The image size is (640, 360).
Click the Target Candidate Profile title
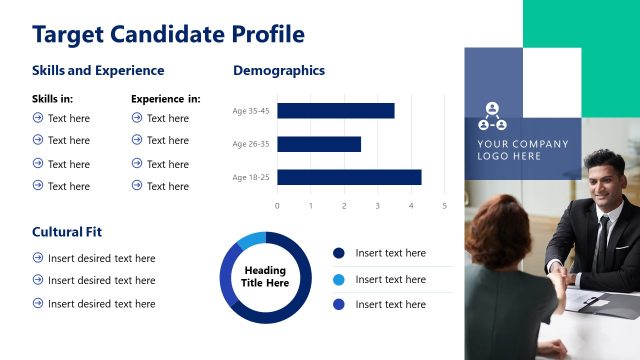[168, 35]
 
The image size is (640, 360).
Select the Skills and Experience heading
[98, 71]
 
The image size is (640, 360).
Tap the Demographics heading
[279, 71]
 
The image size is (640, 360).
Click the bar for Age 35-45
[336, 111]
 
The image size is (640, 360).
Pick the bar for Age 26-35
[319, 144]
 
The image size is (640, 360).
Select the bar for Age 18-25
[349, 177]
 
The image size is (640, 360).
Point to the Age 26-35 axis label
[251, 144]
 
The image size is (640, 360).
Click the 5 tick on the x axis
[444, 206]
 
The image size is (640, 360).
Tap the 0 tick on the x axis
[277, 206]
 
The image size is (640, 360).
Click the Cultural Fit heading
[67, 232]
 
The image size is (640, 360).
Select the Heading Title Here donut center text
[265, 277]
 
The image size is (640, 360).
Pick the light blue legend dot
[338, 280]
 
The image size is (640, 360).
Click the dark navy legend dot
[338, 254]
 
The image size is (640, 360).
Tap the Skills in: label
[53, 99]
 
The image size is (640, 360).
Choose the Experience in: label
[166, 99]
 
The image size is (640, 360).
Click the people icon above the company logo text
[492, 117]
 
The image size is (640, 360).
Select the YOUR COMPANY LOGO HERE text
[522, 150]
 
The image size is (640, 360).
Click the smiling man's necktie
[602, 238]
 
